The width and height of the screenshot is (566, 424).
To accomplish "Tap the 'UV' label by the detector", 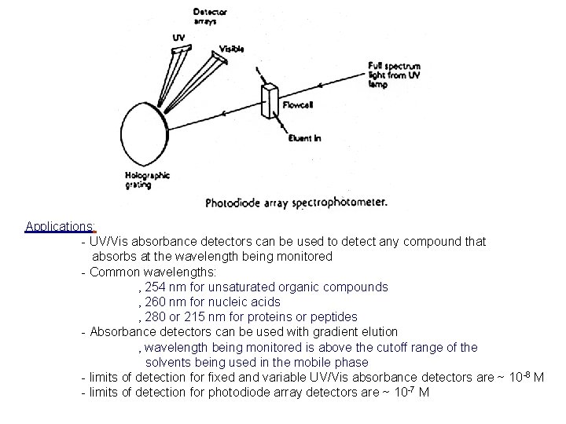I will tap(179, 36).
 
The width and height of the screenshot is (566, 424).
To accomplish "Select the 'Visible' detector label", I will tap(231, 49).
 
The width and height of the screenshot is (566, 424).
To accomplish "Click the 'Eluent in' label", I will tap(303, 139).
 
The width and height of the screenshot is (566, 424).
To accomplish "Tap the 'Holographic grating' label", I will tap(148, 180).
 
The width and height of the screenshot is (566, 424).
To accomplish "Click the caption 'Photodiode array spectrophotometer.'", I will tap(296, 202).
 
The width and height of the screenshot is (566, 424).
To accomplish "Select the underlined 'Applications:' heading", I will tap(60, 227).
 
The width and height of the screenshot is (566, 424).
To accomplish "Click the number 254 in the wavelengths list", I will tap(156, 287).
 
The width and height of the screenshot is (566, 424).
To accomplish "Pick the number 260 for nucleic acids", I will tap(156, 302).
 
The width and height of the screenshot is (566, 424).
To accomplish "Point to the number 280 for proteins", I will tap(156, 317).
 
